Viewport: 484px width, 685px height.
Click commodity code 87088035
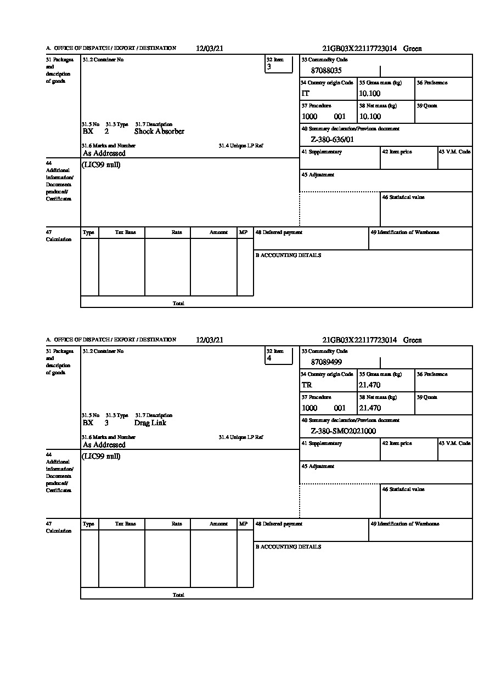coord(326,70)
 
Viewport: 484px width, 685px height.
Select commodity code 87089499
coord(326,362)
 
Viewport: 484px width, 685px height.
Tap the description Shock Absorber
coord(159,132)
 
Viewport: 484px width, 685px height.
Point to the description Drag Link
coord(150,423)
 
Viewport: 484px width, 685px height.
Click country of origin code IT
coord(306,93)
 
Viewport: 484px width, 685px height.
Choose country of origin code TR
coord(307,385)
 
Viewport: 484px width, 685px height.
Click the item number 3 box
coord(279,64)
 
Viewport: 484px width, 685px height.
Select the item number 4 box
coord(279,356)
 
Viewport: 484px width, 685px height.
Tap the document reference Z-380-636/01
coord(333,139)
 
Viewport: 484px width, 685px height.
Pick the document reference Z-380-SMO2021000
coord(344,431)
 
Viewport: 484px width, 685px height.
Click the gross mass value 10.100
coord(369,93)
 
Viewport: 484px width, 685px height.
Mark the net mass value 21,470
coord(369,408)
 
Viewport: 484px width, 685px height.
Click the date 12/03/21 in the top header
coord(210,48)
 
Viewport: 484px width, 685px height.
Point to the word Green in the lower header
coord(413,340)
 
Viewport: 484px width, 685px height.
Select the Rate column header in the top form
coord(176,232)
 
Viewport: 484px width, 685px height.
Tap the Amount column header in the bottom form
coord(218,524)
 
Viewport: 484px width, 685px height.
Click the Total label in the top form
coord(178,303)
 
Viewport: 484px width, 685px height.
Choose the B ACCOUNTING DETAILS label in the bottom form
coord(288,547)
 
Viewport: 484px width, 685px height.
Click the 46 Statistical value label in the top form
coord(403,197)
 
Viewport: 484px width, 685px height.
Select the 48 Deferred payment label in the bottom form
coord(279,524)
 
